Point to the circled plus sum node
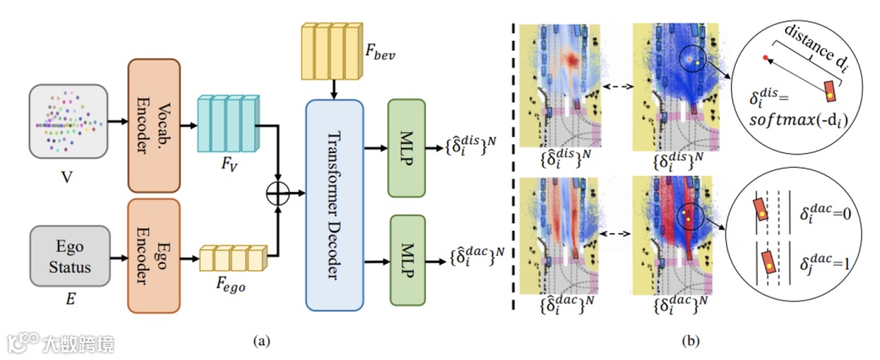(x=279, y=194)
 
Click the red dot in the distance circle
(x=765, y=58)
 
